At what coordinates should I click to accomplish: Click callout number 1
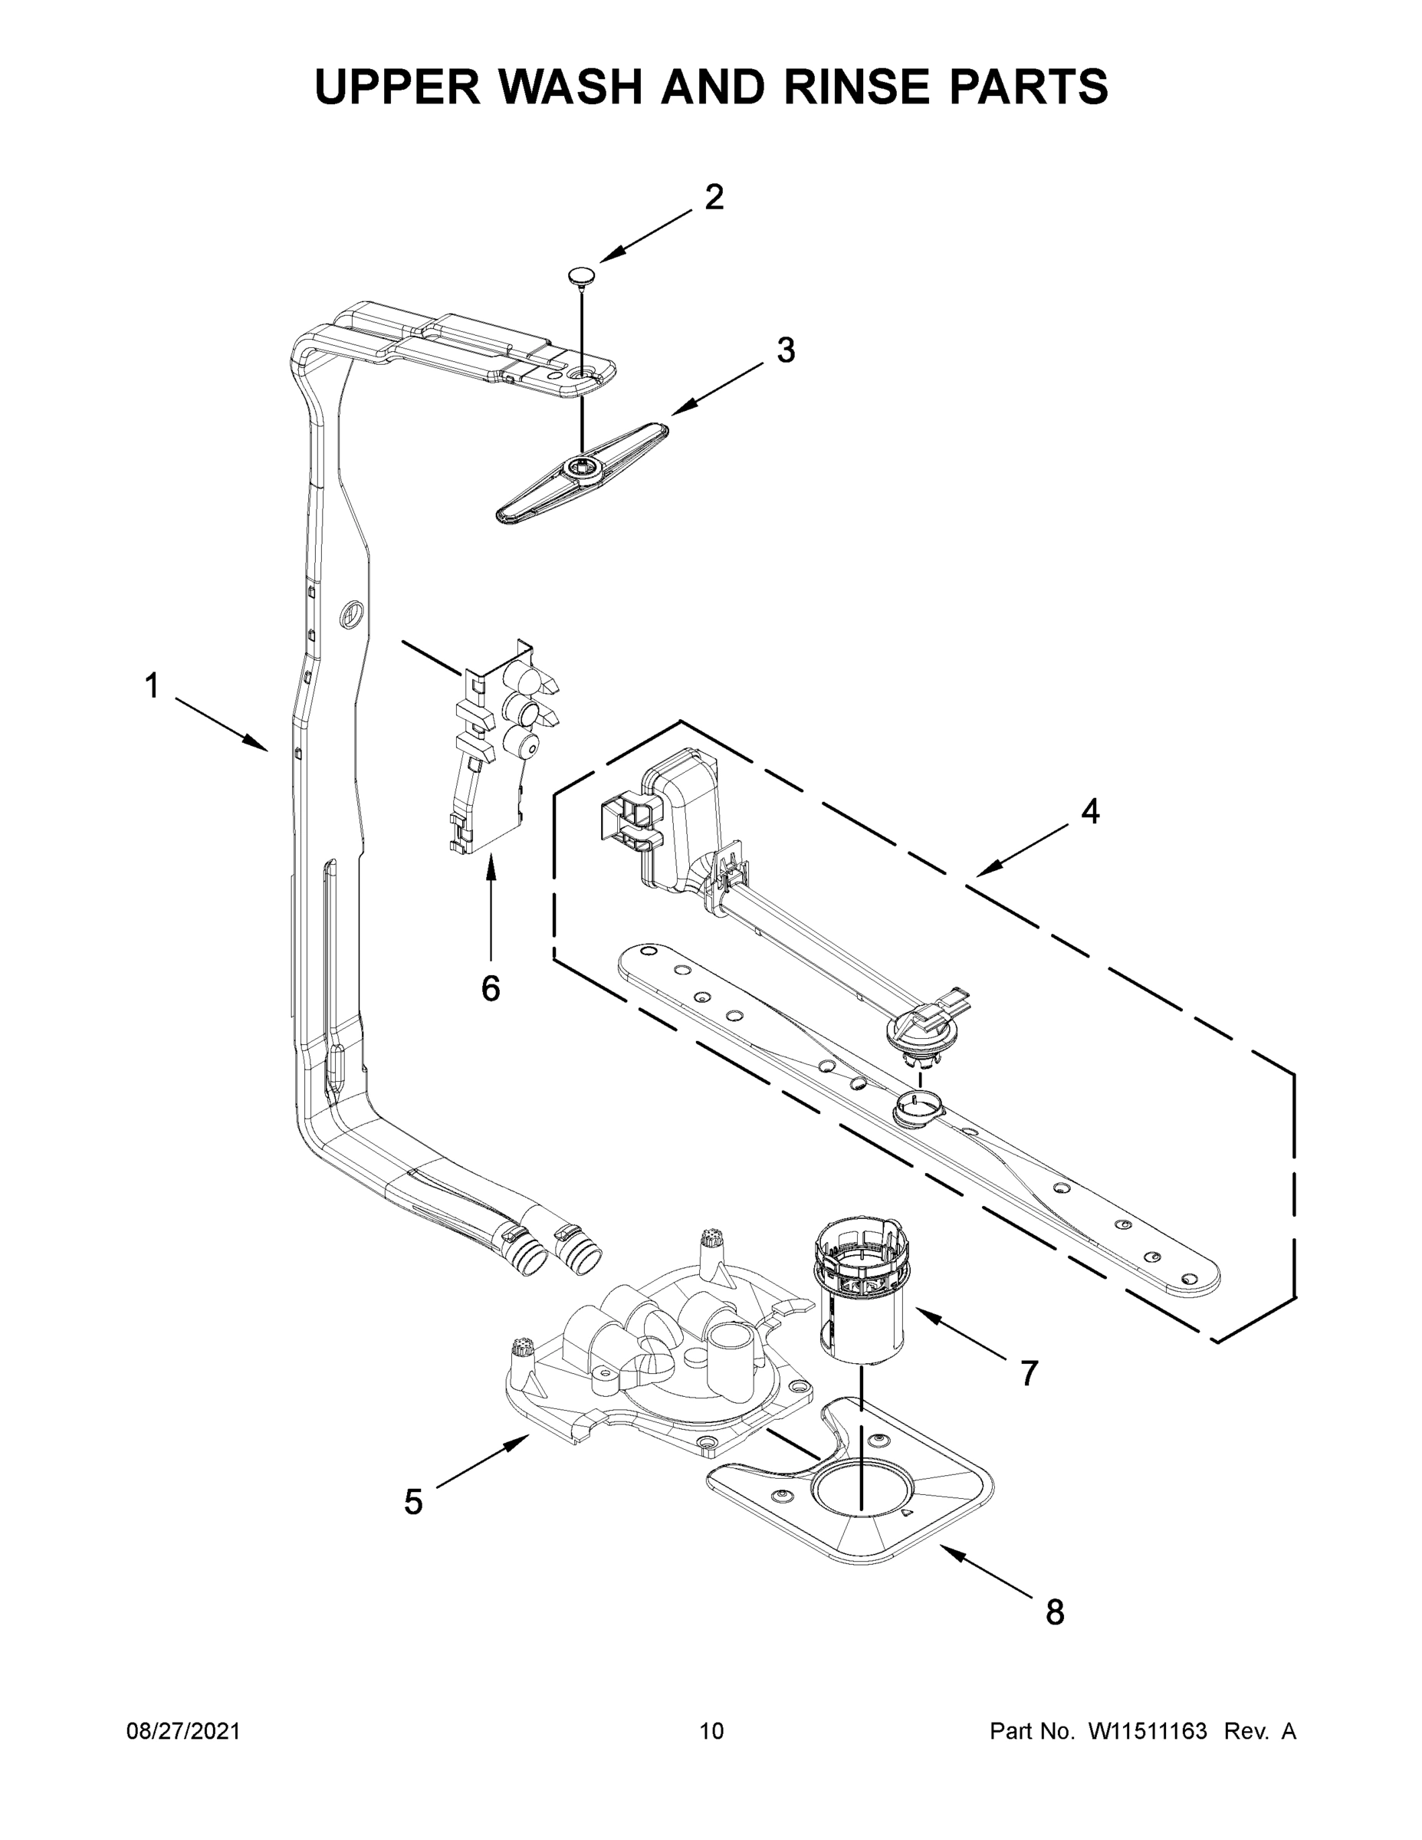152,686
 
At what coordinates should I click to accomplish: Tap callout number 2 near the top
714,197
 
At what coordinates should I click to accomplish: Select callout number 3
785,350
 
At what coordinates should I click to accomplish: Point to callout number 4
1090,811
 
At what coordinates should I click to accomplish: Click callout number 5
412,1501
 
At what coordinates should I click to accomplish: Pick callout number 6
491,987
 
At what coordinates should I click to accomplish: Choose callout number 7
1030,1373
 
